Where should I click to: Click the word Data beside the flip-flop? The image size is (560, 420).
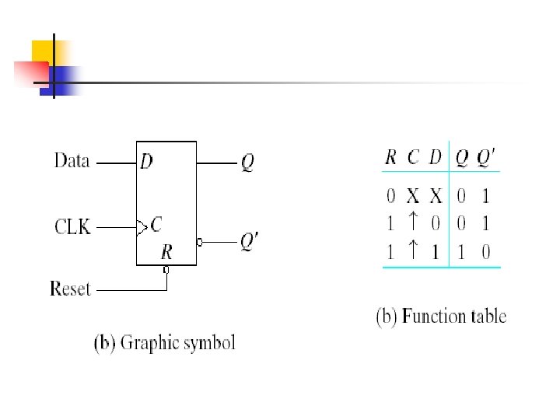click(72, 162)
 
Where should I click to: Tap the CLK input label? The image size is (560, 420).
click(72, 227)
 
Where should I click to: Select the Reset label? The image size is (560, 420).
click(71, 289)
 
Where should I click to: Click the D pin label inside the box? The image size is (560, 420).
click(146, 162)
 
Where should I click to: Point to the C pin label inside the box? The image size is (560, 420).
click(156, 226)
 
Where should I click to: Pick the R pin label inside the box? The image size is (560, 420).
click(166, 252)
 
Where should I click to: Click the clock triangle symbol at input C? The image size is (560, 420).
click(141, 227)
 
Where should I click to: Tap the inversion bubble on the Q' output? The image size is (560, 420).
click(200, 243)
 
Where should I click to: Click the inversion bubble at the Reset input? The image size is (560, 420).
click(166, 270)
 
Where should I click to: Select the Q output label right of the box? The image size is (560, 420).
click(247, 163)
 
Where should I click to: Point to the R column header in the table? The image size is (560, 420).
click(390, 157)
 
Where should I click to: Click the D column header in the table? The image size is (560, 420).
click(435, 157)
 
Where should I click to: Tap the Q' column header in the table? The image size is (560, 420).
click(485, 157)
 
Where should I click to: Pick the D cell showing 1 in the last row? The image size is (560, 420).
click(436, 252)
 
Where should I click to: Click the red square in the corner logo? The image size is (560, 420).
click(30, 73)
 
